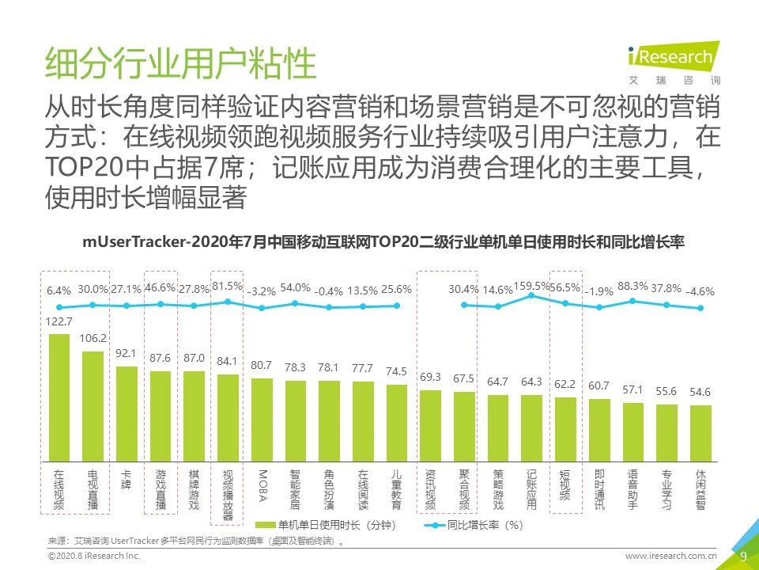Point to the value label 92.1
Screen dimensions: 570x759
[126, 353]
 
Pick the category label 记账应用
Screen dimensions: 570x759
[531, 488]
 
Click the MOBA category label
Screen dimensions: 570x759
[262, 484]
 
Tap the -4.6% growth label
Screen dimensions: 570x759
[700, 291]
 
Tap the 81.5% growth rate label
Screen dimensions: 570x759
[228, 286]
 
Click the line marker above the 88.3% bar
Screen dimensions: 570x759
[632, 301]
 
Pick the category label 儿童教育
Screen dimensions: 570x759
[397, 488]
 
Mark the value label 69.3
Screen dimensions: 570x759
[430, 377]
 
